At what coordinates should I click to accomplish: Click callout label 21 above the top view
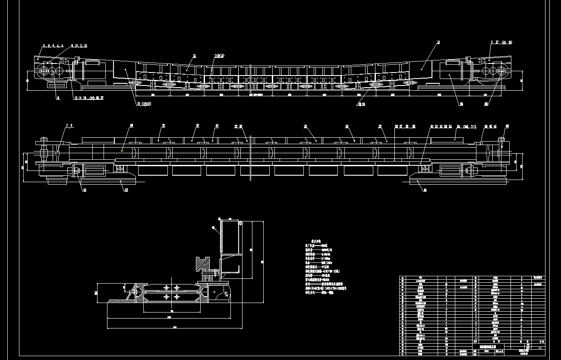[195, 56]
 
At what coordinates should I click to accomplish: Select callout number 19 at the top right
[438, 42]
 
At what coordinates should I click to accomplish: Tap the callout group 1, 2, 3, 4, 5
[53, 45]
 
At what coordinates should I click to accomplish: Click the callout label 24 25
[361, 104]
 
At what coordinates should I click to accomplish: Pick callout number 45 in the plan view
[507, 126]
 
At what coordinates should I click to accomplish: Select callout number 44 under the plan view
[84, 189]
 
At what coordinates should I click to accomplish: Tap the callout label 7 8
[69, 126]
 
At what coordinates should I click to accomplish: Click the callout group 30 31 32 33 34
[441, 126]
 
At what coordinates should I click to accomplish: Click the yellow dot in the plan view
[122, 151]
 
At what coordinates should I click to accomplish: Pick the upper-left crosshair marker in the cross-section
[166, 287]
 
